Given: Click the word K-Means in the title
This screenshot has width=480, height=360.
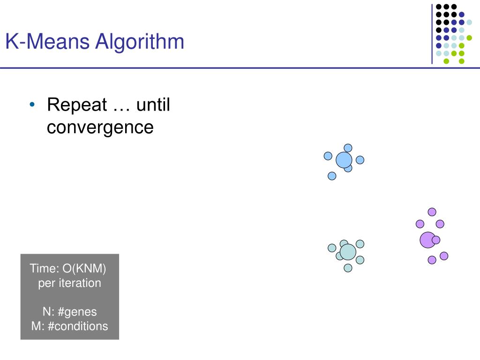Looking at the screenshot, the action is (x=47, y=42).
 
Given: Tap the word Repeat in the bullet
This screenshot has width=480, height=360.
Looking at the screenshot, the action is (x=77, y=105).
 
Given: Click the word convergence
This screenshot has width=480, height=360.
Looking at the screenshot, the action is (x=100, y=127).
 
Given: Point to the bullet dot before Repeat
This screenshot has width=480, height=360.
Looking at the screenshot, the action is (x=32, y=104).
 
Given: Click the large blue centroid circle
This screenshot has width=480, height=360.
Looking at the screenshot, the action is (x=344, y=160).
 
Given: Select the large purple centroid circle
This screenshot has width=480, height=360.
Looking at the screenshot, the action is (x=427, y=240).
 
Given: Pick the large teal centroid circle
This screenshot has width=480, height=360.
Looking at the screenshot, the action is (x=348, y=252).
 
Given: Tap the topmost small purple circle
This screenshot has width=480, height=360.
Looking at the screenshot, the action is (x=432, y=212).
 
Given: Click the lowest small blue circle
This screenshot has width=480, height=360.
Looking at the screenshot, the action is (x=332, y=176).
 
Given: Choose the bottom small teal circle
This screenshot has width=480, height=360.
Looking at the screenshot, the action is (x=348, y=268).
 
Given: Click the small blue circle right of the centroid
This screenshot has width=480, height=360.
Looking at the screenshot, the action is (x=360, y=160).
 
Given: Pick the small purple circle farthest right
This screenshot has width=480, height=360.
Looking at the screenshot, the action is (x=444, y=256).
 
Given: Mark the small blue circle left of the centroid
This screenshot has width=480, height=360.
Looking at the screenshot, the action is (x=328, y=156).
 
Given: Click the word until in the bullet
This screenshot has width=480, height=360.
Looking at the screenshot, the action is (x=153, y=105).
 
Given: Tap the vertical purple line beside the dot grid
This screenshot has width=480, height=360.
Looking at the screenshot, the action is (x=432, y=33).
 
